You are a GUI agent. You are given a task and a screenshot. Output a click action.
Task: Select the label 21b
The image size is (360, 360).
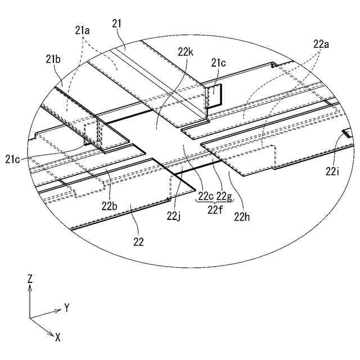pos(53,58)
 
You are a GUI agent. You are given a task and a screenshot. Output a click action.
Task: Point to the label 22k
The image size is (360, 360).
pos(186,52)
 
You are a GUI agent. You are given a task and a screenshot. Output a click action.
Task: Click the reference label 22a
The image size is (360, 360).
pos(321,43)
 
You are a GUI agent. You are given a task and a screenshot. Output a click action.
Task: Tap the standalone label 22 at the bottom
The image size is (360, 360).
pos(138,242)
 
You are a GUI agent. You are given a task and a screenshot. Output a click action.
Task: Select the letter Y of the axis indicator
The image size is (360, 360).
pos(66,308)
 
